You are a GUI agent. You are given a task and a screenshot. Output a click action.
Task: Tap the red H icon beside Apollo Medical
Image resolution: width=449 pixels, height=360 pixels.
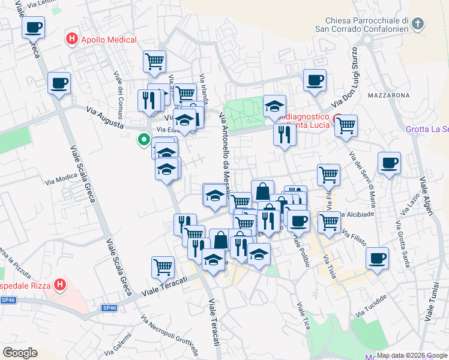pos(72,40)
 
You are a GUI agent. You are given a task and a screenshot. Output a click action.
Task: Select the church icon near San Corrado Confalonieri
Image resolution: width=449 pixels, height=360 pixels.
pos(418,25)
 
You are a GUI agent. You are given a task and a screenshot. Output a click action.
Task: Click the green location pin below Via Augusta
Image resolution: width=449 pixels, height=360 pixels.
pos(144,140)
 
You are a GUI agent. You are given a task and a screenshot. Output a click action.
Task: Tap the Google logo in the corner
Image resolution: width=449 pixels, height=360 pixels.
pos(20,353)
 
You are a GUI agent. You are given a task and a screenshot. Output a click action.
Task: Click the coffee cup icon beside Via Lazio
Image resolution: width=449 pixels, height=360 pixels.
pos(389,163)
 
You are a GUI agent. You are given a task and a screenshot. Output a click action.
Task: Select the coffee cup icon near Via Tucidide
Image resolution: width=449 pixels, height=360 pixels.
pos(376,259)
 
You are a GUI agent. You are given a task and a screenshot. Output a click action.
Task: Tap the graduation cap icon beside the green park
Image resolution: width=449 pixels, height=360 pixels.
pos(274,106)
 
